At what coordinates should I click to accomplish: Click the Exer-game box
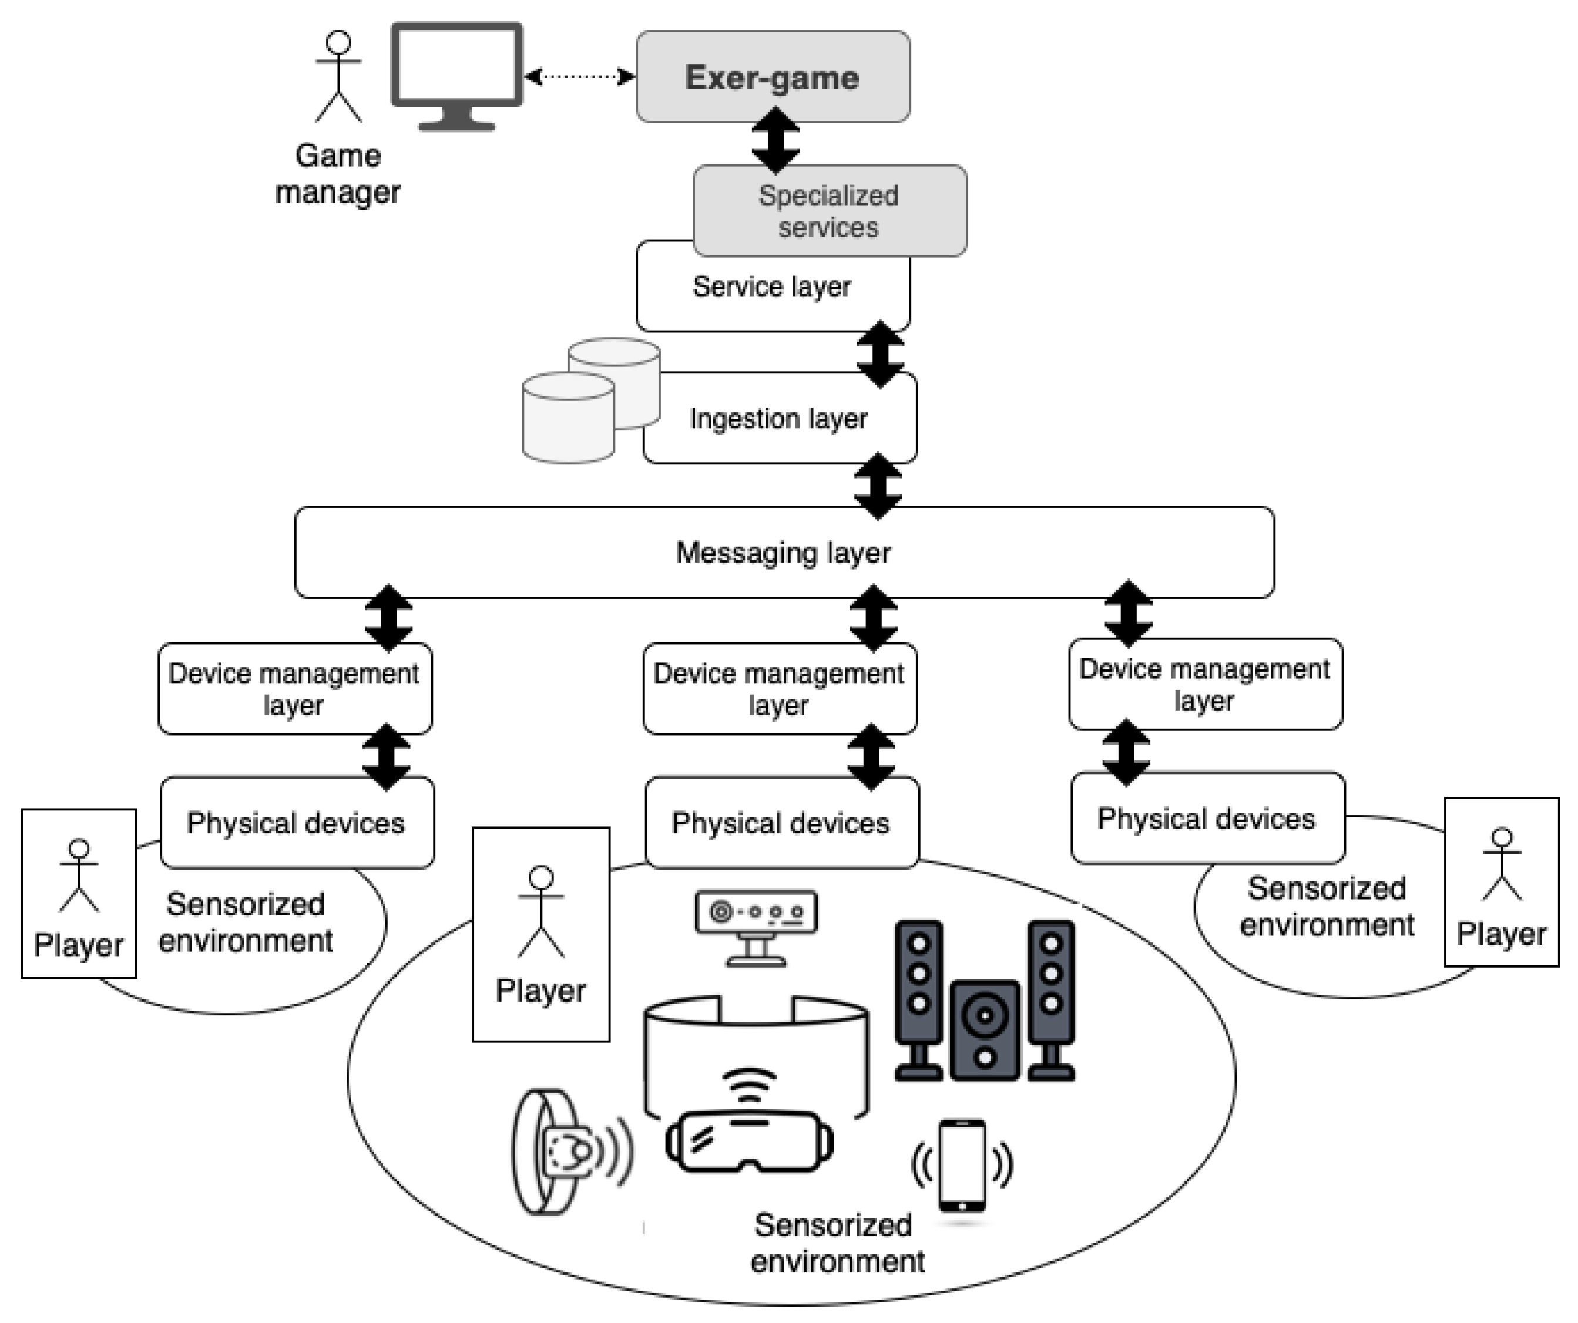[773, 76]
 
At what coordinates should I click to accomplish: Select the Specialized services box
[829, 211]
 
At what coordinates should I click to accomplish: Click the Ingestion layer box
[778, 419]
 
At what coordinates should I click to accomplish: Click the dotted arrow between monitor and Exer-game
[579, 76]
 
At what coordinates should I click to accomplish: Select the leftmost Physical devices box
[297, 823]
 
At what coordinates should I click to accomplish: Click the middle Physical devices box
[781, 823]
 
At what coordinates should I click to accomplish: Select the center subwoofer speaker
[985, 1030]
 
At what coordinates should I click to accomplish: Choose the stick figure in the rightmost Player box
[1502, 864]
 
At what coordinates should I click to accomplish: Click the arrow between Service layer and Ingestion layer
[880, 353]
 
